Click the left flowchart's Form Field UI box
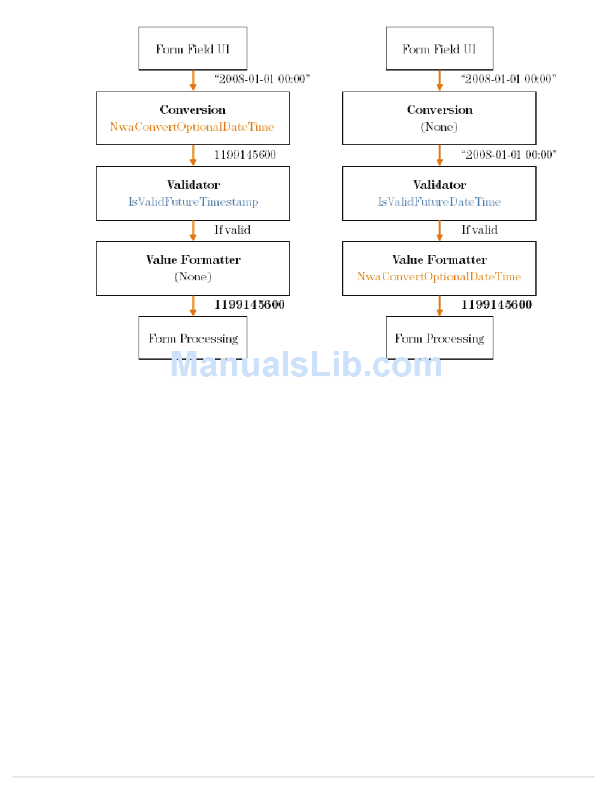(x=193, y=49)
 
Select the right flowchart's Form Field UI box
(x=439, y=49)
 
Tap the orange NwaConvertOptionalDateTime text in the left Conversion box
(x=192, y=126)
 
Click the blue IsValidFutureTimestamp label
(x=193, y=202)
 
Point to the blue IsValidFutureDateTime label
(x=439, y=202)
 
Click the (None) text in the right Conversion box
(x=439, y=126)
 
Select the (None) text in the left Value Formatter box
(x=193, y=277)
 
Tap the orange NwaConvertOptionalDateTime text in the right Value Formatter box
(x=439, y=277)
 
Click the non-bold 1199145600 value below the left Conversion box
(x=245, y=154)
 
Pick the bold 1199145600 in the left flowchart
(x=249, y=304)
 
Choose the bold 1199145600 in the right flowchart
(x=496, y=304)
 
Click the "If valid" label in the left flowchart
(x=232, y=229)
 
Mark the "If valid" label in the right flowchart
(x=479, y=229)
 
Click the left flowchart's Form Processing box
(x=193, y=339)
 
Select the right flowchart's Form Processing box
(x=439, y=339)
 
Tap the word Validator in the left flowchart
(x=193, y=185)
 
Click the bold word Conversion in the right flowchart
(x=439, y=110)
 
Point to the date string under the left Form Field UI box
(x=262, y=79)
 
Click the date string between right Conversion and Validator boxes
(x=509, y=154)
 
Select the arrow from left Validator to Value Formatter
(x=193, y=231)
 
